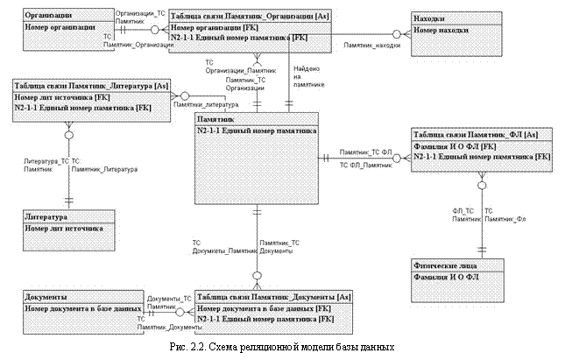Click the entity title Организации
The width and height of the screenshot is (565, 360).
pyautogui.click(x=50, y=16)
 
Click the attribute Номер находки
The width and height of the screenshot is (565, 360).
pyautogui.click(x=441, y=29)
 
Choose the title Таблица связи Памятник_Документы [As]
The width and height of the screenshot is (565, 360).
pyautogui.click(x=273, y=296)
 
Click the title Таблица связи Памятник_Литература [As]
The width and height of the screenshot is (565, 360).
pyautogui.click(x=90, y=85)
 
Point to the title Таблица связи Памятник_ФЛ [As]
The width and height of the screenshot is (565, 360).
pyautogui.click(x=481, y=134)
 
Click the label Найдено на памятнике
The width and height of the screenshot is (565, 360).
pyautogui.click(x=307, y=77)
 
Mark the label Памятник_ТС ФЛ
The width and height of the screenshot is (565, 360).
pyautogui.click(x=365, y=152)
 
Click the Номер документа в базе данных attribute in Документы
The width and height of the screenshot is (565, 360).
pyautogui.click(x=82, y=308)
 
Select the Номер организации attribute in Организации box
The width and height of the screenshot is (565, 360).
pyautogui.click(x=60, y=27)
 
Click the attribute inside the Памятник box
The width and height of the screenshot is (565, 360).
pyautogui.click(x=256, y=130)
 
